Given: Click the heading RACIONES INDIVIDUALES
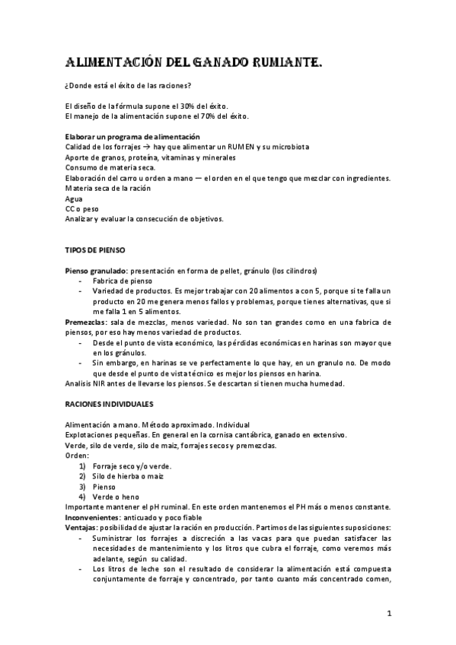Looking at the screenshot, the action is pos(109,404).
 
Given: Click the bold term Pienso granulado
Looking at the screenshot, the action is pos(95,270).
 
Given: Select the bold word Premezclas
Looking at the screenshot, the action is pos(85,322).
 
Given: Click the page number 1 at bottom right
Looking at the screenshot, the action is pos(388,613).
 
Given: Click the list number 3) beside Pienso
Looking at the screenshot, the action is pos(84,486).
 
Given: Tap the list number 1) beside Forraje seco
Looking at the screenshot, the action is pos(84,465).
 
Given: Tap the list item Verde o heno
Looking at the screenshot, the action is pos(116,496).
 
